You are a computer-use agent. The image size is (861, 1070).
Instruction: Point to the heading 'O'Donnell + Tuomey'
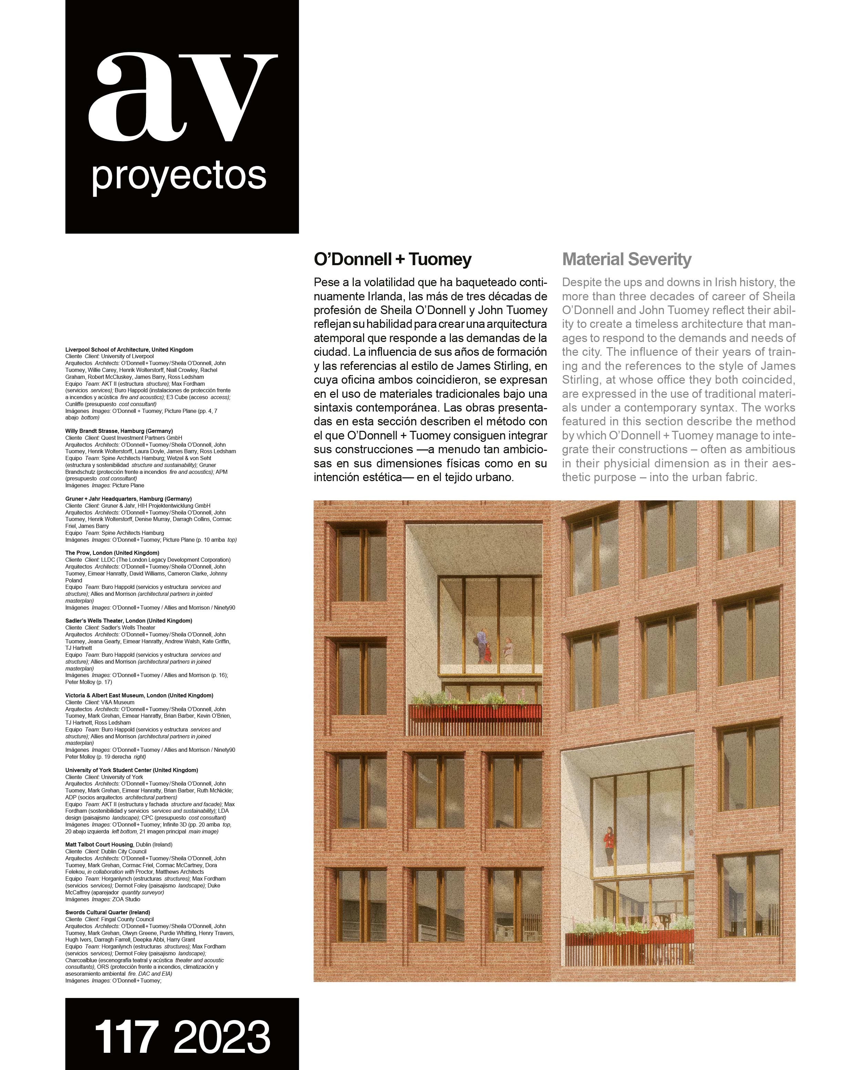tap(393, 260)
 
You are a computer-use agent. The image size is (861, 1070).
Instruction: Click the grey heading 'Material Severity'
tap(626, 260)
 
